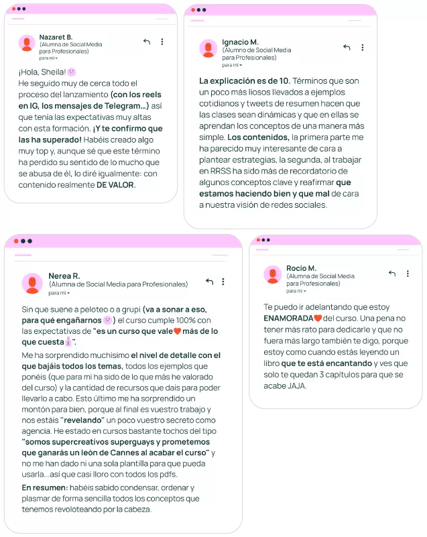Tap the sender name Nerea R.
click(64, 276)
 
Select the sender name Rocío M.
click(301, 268)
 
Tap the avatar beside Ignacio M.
click(208, 48)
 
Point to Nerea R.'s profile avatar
click(31, 283)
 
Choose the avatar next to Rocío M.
click(272, 274)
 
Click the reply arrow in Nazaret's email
click(147, 42)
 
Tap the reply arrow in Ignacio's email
click(347, 48)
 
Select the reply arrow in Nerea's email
click(209, 282)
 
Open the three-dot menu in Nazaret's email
click(162, 42)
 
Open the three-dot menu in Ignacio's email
click(363, 48)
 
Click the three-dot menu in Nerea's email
click(223, 282)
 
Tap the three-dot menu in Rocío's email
click(407, 274)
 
